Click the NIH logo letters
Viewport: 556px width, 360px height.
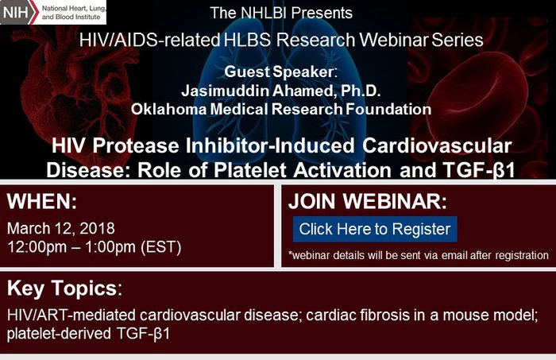[15, 13]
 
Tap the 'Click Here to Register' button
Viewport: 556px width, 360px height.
[375, 229]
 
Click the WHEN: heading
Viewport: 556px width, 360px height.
[42, 202]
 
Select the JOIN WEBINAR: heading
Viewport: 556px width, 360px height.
[368, 202]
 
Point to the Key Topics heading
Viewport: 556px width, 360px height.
[64, 288]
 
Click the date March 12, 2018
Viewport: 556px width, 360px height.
[61, 229]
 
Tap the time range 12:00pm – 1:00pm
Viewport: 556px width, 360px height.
[71, 247]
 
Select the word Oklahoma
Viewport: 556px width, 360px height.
[168, 109]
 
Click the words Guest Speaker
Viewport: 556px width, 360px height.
[279, 72]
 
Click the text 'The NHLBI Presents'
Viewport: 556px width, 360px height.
[281, 14]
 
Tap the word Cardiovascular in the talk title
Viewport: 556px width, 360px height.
[437, 145]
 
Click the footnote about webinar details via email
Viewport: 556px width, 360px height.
[419, 255]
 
